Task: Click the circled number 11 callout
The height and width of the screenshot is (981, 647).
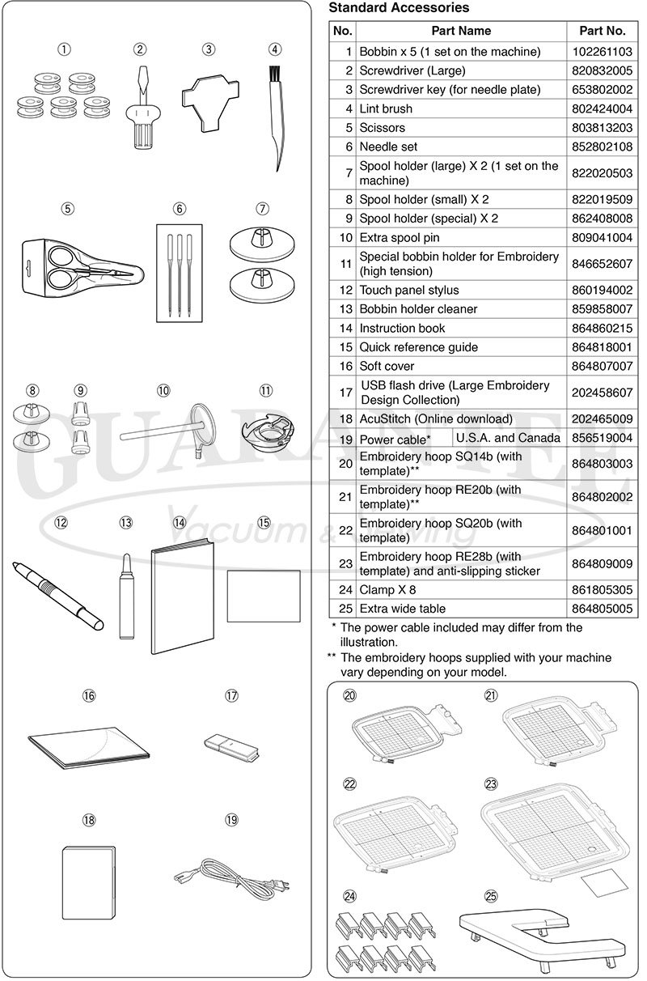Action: pyautogui.click(x=266, y=390)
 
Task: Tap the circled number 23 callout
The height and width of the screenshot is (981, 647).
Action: pyautogui.click(x=491, y=784)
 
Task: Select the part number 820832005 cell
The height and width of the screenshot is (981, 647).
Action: pyautogui.click(x=603, y=70)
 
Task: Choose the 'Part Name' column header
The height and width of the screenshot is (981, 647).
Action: pyautogui.click(x=461, y=31)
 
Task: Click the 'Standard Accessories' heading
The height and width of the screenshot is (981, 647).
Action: pyautogui.click(x=399, y=8)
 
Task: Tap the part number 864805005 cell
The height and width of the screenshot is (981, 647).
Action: pyautogui.click(x=603, y=608)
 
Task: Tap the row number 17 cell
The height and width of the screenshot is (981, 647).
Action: pyautogui.click(x=345, y=393)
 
